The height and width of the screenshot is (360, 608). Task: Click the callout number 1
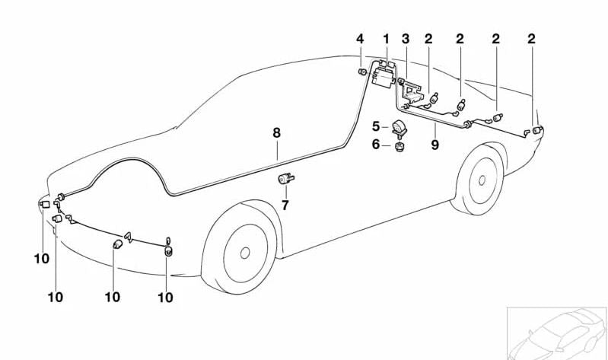pos(386,39)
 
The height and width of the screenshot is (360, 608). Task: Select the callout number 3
pos(406,39)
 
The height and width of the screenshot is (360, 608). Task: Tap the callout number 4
pos(361,39)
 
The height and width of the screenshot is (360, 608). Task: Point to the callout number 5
pos(376,126)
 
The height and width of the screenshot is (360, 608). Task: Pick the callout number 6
pos(376,145)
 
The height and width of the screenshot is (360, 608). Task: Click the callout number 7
pos(285,205)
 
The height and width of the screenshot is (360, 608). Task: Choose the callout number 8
pos(277,132)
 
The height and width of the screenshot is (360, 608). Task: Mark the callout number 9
pos(435,145)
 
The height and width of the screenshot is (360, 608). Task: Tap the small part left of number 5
pos(399,128)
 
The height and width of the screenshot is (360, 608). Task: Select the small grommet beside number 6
pos(397,145)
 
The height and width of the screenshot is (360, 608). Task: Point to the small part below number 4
pos(362,72)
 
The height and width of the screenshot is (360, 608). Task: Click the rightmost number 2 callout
pos(531,39)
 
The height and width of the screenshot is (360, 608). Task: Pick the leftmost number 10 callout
pos(41,259)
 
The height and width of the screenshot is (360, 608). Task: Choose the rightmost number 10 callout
pos(165,298)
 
